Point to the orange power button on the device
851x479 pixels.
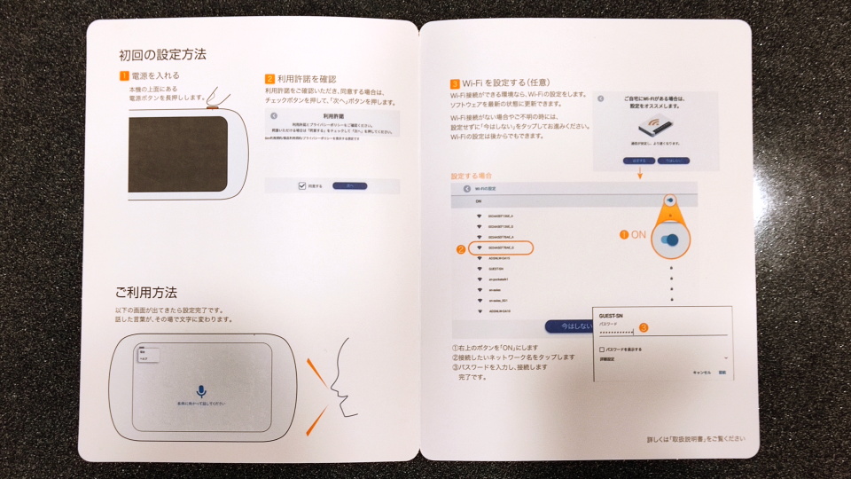pos(214,107)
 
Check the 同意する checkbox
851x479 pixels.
pos(302,185)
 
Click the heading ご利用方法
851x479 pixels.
pos(145,292)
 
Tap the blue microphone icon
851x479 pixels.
pos(201,390)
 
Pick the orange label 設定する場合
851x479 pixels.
pos(472,177)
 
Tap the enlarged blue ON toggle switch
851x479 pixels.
pos(675,240)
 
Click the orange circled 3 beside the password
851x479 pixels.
pos(644,327)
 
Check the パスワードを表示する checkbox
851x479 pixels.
pos(603,349)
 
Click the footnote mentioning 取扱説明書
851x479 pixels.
pos(696,439)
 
